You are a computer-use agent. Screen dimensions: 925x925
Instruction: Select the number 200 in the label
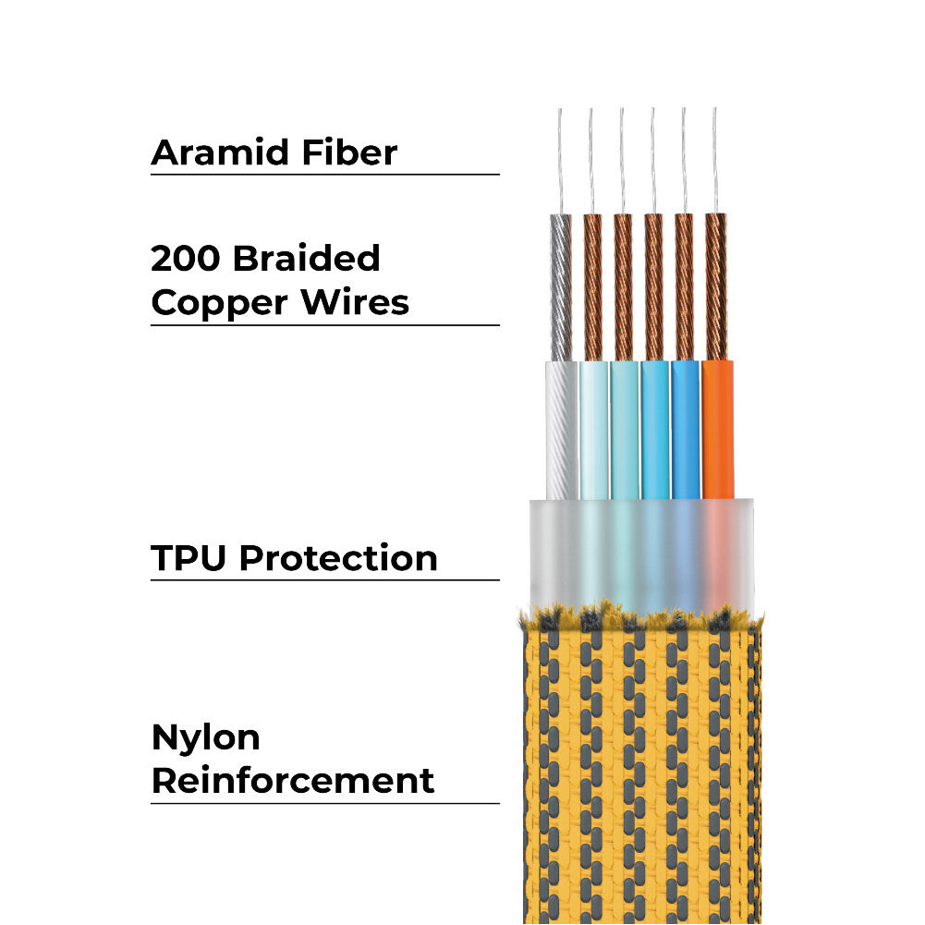click(186, 259)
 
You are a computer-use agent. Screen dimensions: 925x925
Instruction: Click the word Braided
click(306, 259)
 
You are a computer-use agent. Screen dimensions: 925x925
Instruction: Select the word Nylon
click(205, 738)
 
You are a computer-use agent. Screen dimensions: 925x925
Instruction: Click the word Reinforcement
click(292, 780)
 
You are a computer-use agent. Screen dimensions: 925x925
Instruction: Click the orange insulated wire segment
click(718, 430)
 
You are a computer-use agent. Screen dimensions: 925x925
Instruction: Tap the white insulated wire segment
click(561, 430)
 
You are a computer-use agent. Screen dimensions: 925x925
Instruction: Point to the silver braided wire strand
click(561, 286)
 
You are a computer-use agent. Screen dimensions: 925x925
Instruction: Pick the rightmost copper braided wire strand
click(716, 286)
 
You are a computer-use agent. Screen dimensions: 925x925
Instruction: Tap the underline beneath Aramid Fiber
click(324, 174)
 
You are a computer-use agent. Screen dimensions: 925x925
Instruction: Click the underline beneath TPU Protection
click(324, 580)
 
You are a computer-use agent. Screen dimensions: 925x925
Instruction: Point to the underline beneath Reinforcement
click(324, 803)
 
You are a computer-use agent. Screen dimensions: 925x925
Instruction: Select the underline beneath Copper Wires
click(324, 325)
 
